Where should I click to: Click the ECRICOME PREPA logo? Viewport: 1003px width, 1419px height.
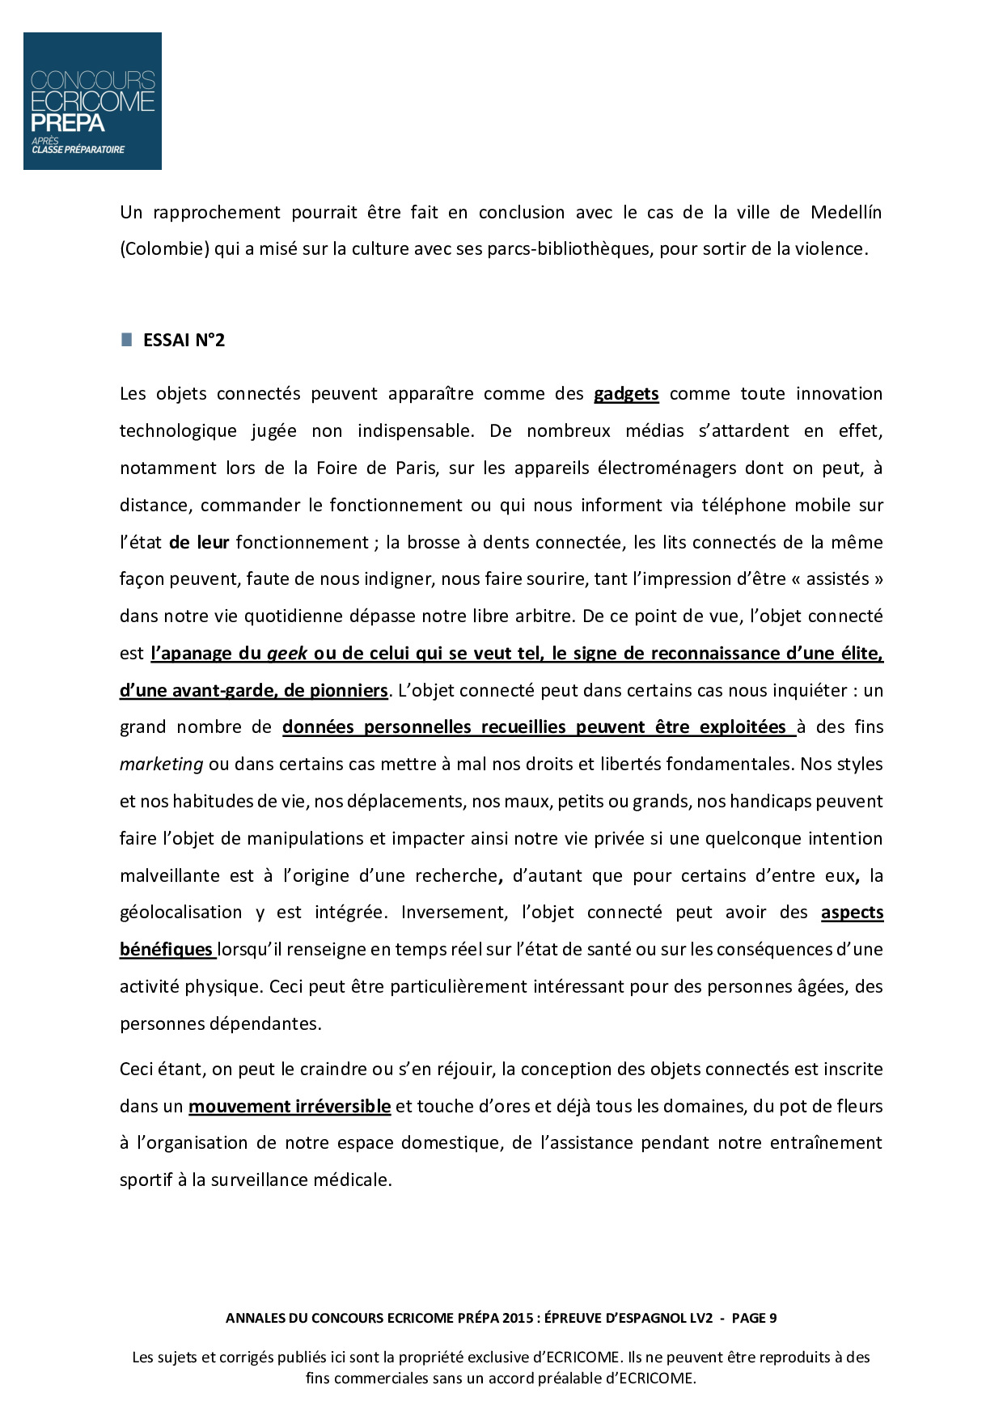(x=92, y=101)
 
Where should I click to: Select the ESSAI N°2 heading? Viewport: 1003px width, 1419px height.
(x=184, y=341)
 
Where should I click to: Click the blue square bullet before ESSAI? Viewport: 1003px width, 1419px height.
(x=127, y=340)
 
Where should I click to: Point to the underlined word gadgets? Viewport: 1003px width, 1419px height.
(x=626, y=394)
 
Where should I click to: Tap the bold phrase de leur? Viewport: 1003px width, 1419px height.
(x=199, y=543)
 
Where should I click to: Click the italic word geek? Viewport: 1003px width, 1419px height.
(x=287, y=654)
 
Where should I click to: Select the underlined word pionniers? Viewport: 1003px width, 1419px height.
(x=347, y=691)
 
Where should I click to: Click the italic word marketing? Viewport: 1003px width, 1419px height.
(x=161, y=765)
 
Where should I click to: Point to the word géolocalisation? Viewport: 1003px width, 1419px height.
(x=180, y=913)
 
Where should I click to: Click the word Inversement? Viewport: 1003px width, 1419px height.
(x=454, y=913)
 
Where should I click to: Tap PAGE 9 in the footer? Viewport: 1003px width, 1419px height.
(x=754, y=1318)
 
